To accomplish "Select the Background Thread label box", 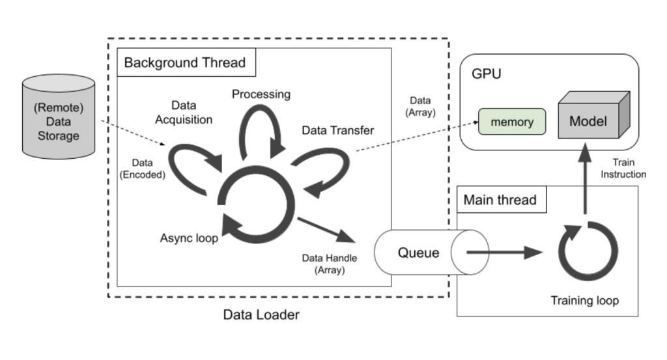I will tap(185, 63).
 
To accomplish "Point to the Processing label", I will tap(261, 94).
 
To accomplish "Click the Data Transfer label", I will tap(337, 130).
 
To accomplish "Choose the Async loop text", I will tap(189, 238).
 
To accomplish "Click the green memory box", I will tap(512, 122).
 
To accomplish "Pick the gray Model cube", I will tap(589, 118).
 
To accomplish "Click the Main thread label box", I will tap(500, 200).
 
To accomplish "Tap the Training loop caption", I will tap(584, 301).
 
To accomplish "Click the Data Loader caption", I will tap(261, 315).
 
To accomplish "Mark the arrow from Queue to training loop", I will tap(505, 252).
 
